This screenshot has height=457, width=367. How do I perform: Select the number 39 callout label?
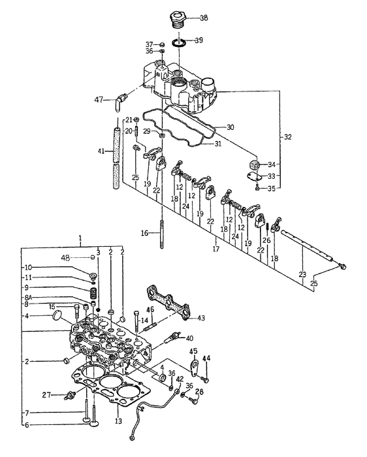[x=199, y=40]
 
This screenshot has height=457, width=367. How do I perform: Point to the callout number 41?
[x=101, y=151]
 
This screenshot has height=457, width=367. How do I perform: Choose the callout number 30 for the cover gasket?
[x=229, y=126]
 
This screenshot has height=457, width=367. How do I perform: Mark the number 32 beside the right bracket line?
[x=287, y=137]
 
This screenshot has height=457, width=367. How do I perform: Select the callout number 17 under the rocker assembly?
[x=215, y=249]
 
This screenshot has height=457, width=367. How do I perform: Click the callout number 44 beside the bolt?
[x=206, y=357]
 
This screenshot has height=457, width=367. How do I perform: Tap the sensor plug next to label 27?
[x=71, y=395]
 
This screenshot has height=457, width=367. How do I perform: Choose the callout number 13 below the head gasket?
[x=118, y=421]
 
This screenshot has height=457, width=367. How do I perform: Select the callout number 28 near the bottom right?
[x=200, y=391]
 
